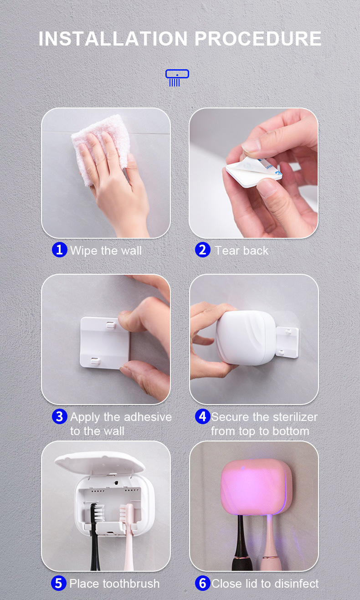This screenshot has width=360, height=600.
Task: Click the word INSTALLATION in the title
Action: click(113, 39)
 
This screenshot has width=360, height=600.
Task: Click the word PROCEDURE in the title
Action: click(258, 39)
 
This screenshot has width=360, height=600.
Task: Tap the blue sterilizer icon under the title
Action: click(177, 78)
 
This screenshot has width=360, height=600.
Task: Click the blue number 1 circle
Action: click(59, 250)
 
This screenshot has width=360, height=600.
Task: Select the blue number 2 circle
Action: click(203, 250)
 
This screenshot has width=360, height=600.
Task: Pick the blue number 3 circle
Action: click(59, 416)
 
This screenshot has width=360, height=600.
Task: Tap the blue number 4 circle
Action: click(203, 416)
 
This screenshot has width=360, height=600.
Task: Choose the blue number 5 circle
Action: click(59, 583)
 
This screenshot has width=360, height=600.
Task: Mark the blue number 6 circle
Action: click(203, 583)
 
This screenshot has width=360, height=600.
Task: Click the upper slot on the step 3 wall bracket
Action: click(111, 325)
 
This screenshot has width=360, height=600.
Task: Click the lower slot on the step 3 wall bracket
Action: click(95, 361)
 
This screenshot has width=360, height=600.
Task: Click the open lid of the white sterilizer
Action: click(100, 463)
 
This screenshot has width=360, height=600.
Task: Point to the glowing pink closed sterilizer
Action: click(257, 487)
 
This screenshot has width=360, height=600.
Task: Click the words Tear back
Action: click(242, 251)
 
